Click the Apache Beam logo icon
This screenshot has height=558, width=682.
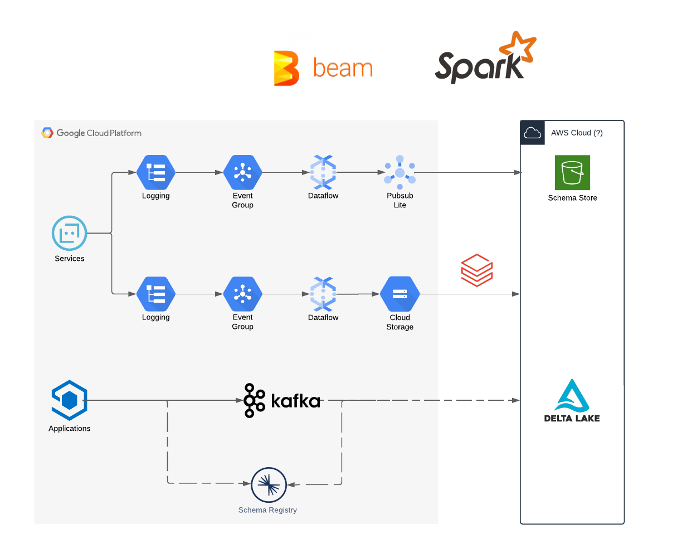coord(286,68)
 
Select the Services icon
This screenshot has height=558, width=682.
coord(70,233)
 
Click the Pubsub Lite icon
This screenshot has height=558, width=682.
coord(400,172)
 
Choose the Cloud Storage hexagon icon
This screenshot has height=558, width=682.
coord(400,294)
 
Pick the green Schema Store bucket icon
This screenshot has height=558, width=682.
coord(572,173)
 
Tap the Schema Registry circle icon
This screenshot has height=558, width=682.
coord(269,485)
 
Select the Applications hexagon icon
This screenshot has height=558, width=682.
coord(69,400)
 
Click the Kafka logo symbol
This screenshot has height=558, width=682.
coord(255,400)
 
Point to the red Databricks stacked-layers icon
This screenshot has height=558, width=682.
coord(476,270)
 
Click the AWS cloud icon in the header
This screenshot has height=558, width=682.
coord(533,133)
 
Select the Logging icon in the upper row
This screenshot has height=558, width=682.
coord(156,172)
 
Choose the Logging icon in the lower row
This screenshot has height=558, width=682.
coord(156,294)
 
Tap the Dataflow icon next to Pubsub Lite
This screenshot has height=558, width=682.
coord(323,172)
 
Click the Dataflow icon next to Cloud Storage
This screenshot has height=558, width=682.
coord(323,294)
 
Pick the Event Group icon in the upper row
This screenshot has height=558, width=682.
coord(242,172)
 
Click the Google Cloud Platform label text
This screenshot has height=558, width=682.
coord(99,133)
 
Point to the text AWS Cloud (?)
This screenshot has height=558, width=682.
coord(577,133)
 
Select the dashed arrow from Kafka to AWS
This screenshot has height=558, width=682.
coord(423,400)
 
